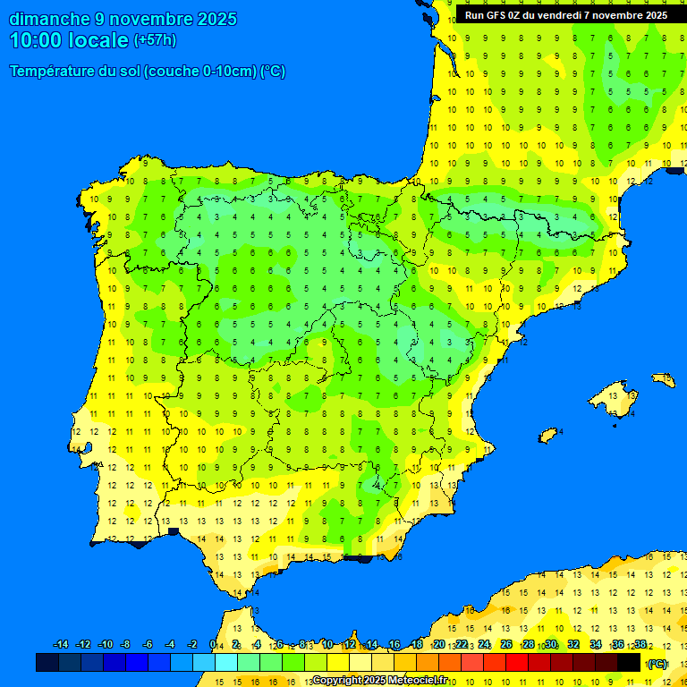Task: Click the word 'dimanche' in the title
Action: (49, 19)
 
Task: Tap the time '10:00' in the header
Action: (37, 39)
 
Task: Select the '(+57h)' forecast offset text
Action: (155, 40)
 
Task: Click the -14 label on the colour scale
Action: (61, 645)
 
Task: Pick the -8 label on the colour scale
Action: (126, 645)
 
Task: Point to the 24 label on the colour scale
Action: (483, 645)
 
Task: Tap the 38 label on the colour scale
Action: (640, 645)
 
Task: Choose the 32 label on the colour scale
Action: (573, 645)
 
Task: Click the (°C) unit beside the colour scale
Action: (657, 664)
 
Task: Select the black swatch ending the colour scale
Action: (629, 663)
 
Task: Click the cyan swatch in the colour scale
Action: (226, 663)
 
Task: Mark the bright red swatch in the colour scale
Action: (517, 663)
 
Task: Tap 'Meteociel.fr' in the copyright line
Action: (413, 681)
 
